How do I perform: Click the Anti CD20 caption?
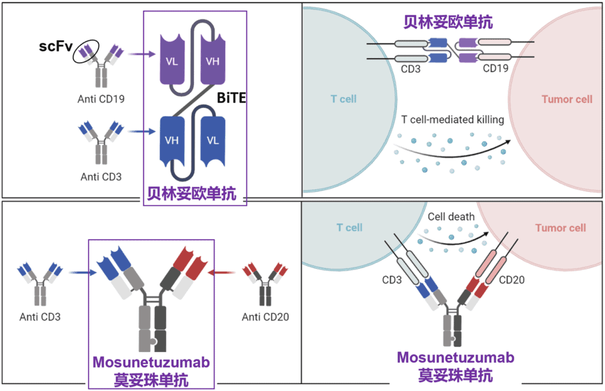(265, 318)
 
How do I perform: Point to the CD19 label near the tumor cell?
(496, 69)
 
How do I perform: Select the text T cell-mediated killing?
(453, 119)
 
